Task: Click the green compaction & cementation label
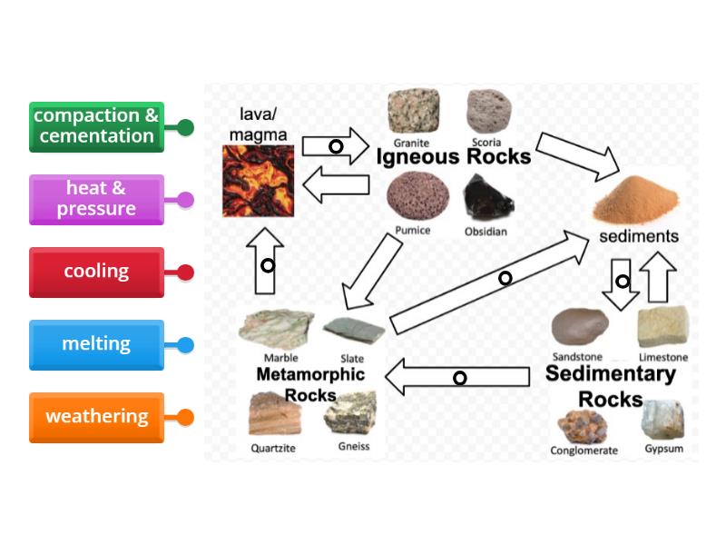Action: [96, 126]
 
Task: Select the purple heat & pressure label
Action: [96, 199]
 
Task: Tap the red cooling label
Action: [96, 272]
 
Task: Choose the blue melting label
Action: [96, 344]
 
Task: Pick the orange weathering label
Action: [96, 417]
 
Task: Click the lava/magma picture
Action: [260, 181]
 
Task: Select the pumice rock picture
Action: [410, 197]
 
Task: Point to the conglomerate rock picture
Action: [584, 425]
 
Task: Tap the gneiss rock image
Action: [350, 415]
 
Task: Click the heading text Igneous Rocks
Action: [453, 156]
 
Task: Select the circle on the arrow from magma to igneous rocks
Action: [336, 146]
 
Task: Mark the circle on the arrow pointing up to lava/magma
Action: [267, 265]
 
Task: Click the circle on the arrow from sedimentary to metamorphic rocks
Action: [460, 377]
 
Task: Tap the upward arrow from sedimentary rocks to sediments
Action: [658, 276]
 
